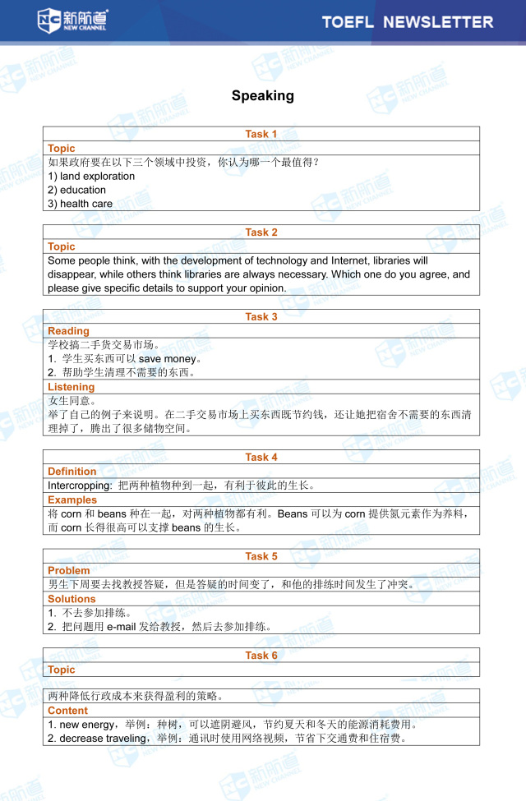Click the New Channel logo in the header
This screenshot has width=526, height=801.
click(x=72, y=21)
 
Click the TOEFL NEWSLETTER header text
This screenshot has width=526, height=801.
click(x=408, y=22)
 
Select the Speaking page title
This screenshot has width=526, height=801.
click(x=262, y=96)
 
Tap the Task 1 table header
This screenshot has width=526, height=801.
click(x=261, y=134)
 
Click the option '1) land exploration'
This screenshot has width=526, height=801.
click(x=91, y=177)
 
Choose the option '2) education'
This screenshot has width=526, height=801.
click(x=77, y=190)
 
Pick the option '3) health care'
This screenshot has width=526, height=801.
click(x=81, y=204)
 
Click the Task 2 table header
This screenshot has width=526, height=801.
click(x=261, y=232)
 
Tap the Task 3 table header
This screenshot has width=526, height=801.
click(x=261, y=317)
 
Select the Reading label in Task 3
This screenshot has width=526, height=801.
click(x=68, y=331)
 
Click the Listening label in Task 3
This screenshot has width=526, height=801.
click(x=72, y=387)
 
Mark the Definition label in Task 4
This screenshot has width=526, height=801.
click(x=72, y=472)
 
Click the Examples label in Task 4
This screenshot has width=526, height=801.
click(x=72, y=499)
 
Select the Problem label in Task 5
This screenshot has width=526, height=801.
click(x=69, y=571)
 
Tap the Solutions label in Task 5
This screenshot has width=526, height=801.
click(x=72, y=599)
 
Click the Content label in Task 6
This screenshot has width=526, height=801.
click(x=68, y=711)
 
